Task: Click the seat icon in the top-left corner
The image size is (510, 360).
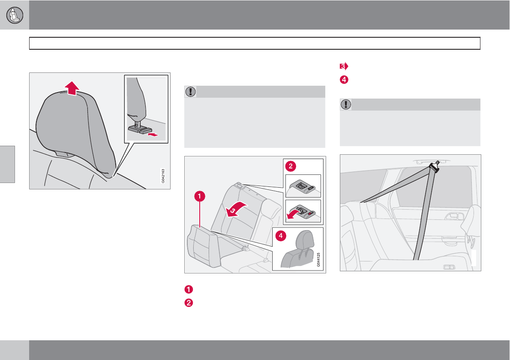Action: click(x=15, y=15)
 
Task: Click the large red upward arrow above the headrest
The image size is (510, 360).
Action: click(x=72, y=88)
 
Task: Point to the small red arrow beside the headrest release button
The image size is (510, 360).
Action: click(x=153, y=134)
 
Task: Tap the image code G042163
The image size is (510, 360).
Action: click(x=163, y=176)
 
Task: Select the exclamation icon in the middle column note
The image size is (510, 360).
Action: click(x=190, y=92)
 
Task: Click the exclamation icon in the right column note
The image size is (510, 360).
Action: click(x=346, y=105)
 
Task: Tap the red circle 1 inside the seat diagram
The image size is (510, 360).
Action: click(x=200, y=196)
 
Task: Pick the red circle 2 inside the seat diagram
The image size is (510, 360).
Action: click(x=291, y=167)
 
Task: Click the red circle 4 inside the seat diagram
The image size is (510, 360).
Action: click(x=281, y=236)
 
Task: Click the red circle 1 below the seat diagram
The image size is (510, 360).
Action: click(x=189, y=289)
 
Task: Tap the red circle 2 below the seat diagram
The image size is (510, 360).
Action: click(x=189, y=303)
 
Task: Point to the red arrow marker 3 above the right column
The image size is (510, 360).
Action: click(x=344, y=66)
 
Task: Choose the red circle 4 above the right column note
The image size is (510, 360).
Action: click(x=344, y=80)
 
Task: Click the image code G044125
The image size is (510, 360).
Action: click(x=318, y=260)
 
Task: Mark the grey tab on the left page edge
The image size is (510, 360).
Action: click(x=7, y=164)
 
